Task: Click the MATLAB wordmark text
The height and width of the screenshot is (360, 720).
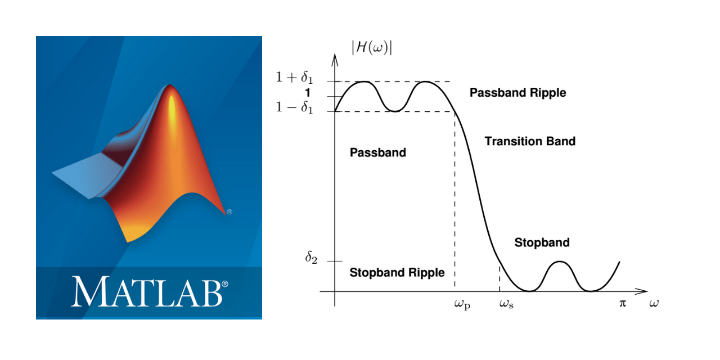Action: click(x=147, y=291)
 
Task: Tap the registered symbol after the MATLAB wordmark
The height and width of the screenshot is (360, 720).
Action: click(x=225, y=284)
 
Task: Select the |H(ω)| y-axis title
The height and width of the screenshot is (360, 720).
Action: click(x=372, y=48)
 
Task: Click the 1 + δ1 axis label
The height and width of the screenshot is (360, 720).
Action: click(x=294, y=77)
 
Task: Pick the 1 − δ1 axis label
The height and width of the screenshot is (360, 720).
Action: click(x=294, y=107)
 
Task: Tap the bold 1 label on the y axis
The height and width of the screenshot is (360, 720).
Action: click(x=308, y=93)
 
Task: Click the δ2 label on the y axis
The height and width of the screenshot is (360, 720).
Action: click(x=311, y=258)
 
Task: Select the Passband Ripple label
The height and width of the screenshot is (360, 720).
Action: click(x=518, y=93)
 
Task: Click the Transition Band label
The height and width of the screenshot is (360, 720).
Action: click(x=530, y=141)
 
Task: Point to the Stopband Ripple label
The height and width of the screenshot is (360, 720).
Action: click(x=397, y=273)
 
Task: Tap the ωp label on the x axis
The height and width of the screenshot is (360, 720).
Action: click(x=462, y=304)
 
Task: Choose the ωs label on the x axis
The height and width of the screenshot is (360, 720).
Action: click(x=506, y=304)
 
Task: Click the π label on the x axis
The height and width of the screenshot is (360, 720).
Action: click(x=623, y=303)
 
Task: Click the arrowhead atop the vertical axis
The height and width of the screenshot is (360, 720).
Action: click(x=335, y=60)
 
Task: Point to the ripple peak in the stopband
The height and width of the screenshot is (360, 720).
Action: click(x=560, y=262)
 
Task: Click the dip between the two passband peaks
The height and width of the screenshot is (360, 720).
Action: click(x=395, y=111)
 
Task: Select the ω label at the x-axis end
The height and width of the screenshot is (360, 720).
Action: click(x=654, y=303)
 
